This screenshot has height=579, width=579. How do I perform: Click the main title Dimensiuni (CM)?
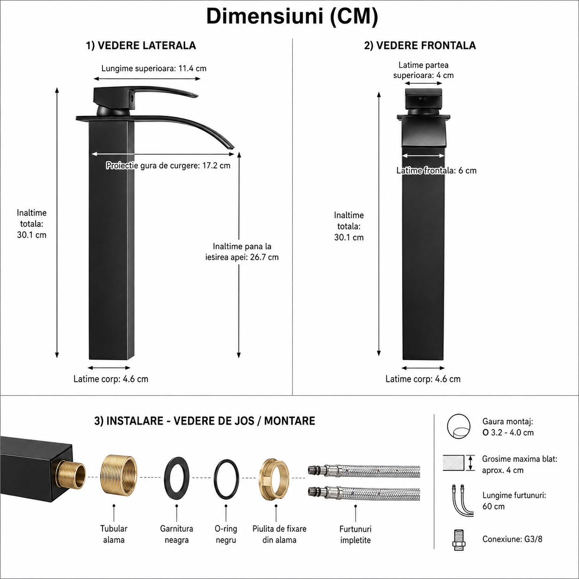pyautogui.click(x=292, y=17)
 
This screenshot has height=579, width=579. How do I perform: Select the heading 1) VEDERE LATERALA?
pyautogui.click(x=141, y=46)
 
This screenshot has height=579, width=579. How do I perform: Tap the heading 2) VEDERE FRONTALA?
pyautogui.click(x=420, y=46)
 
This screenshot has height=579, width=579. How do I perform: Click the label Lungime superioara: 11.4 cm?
pyautogui.click(x=154, y=68)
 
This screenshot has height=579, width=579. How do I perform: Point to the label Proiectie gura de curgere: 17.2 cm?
pyautogui.click(x=168, y=166)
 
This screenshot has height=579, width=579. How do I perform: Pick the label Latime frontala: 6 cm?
pyautogui.click(x=436, y=171)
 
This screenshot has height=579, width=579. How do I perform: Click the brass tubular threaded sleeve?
pyautogui.click(x=118, y=478)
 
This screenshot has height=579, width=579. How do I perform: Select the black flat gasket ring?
pyautogui.click(x=177, y=478)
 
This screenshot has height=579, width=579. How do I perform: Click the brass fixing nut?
pyautogui.click(x=274, y=477)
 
